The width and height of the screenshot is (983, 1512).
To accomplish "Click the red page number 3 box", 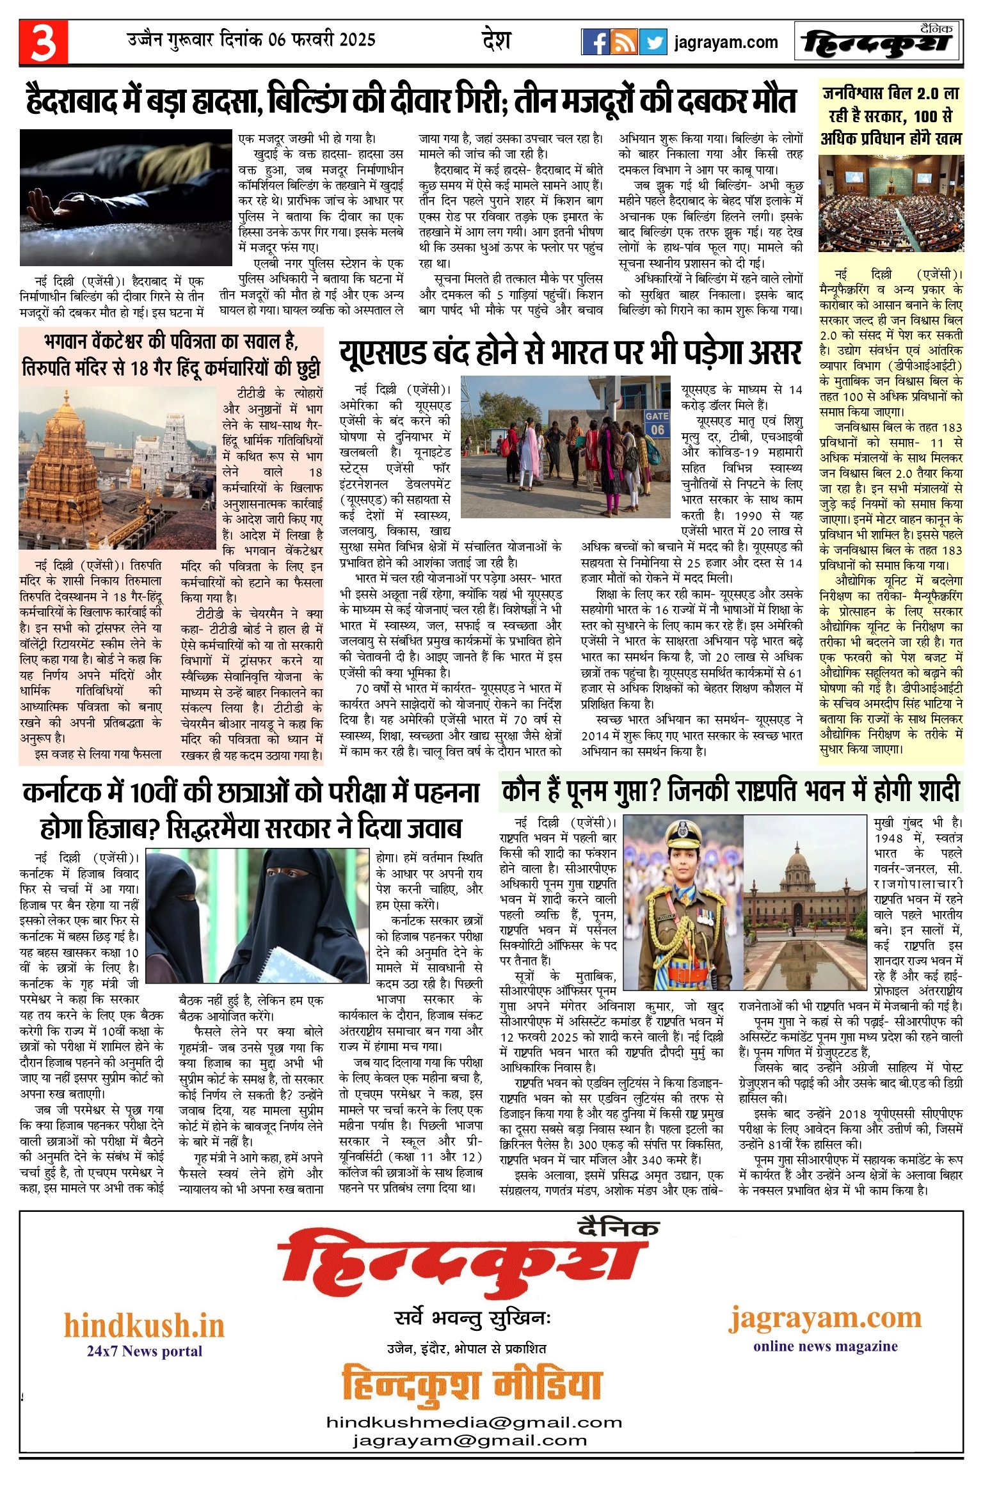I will [44, 42].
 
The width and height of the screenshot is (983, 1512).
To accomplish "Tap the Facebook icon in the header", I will [595, 42].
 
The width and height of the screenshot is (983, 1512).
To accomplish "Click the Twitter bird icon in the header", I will [653, 42].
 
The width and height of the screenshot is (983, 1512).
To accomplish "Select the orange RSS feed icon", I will [623, 42].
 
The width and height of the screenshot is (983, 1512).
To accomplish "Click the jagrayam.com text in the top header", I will [726, 43].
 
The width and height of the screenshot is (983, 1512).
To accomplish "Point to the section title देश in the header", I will [496, 40].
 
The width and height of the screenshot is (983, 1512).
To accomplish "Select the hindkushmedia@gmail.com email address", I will [474, 1422].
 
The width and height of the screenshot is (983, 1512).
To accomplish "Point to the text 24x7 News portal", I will [144, 1351].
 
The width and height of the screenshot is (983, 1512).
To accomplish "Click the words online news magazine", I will [825, 1346].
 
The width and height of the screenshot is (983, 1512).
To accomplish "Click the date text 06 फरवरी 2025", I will [322, 40].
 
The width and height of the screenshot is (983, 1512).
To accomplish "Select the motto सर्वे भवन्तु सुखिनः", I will [472, 1319].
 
